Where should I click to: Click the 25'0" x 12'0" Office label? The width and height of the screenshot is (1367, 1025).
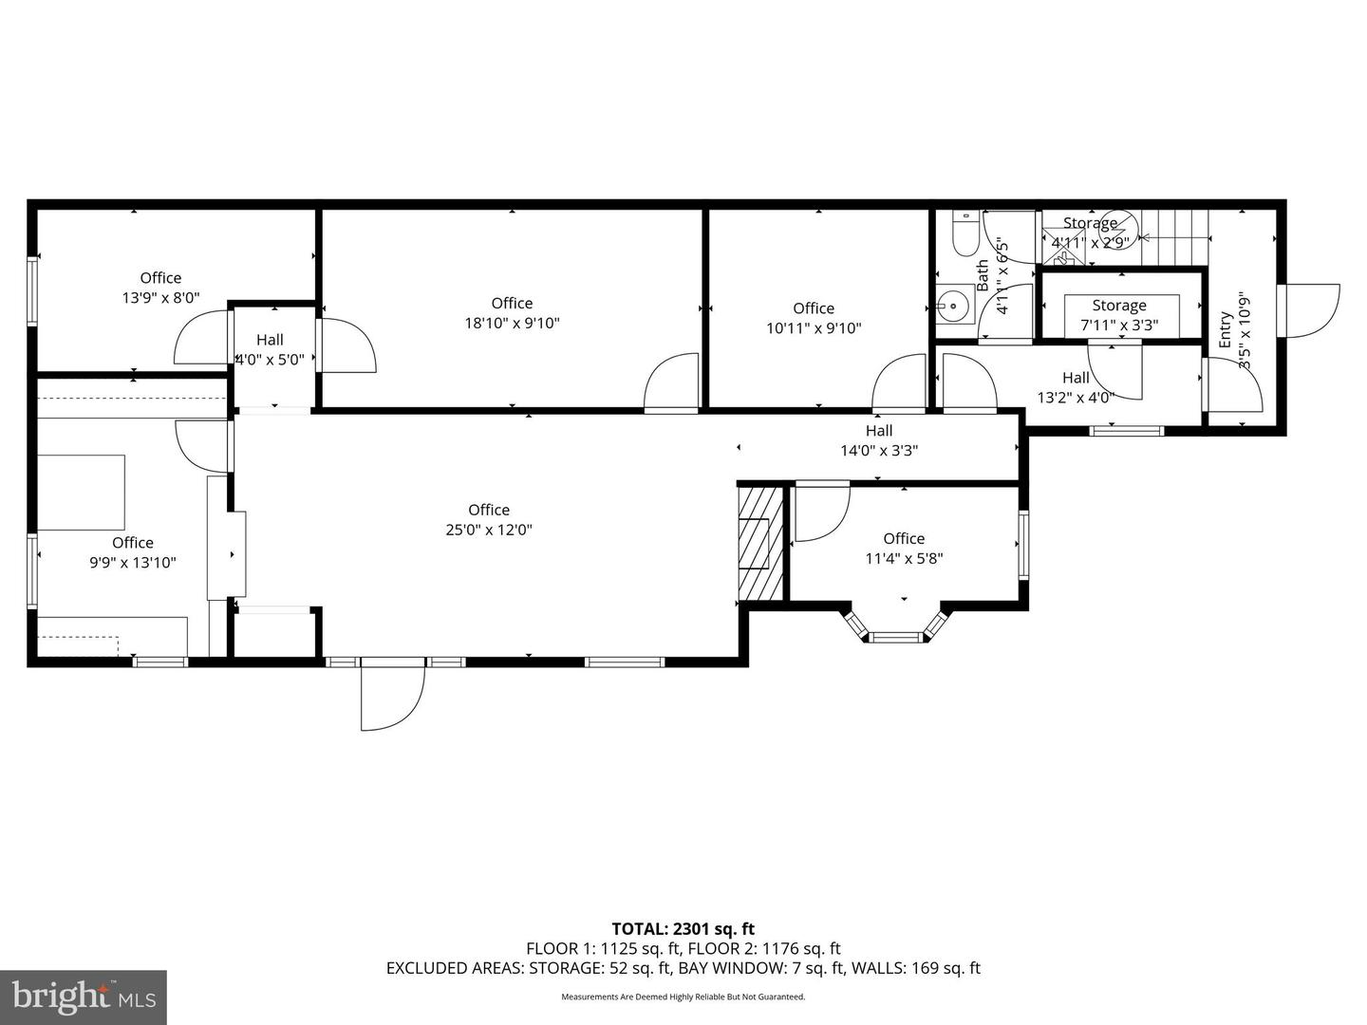pyautogui.click(x=489, y=520)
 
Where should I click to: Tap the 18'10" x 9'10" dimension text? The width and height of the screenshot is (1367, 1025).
pyautogui.click(x=512, y=324)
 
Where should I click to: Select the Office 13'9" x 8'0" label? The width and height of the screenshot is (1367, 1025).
pyautogui.click(x=160, y=288)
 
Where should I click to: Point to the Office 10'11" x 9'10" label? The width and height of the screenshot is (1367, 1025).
pyautogui.click(x=814, y=318)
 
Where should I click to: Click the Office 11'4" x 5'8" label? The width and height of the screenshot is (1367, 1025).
pyautogui.click(x=904, y=549)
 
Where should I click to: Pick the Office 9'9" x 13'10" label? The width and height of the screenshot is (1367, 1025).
pyautogui.click(x=133, y=552)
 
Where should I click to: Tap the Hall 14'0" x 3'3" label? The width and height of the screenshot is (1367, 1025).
pyautogui.click(x=879, y=440)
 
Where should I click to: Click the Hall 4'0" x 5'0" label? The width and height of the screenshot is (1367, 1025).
pyautogui.click(x=270, y=349)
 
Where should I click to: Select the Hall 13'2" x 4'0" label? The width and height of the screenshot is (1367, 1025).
pyautogui.click(x=1076, y=387)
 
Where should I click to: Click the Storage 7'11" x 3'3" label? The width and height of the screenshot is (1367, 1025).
pyautogui.click(x=1119, y=315)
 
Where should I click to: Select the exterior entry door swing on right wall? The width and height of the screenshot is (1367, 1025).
pyautogui.click(x=1310, y=310)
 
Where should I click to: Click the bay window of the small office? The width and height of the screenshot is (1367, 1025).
pyautogui.click(x=898, y=628)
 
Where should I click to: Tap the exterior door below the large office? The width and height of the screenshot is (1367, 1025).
pyautogui.click(x=391, y=696)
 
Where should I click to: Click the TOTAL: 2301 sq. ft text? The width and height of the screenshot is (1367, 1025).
pyautogui.click(x=683, y=929)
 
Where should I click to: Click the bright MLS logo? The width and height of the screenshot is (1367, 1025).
pyautogui.click(x=84, y=997)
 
